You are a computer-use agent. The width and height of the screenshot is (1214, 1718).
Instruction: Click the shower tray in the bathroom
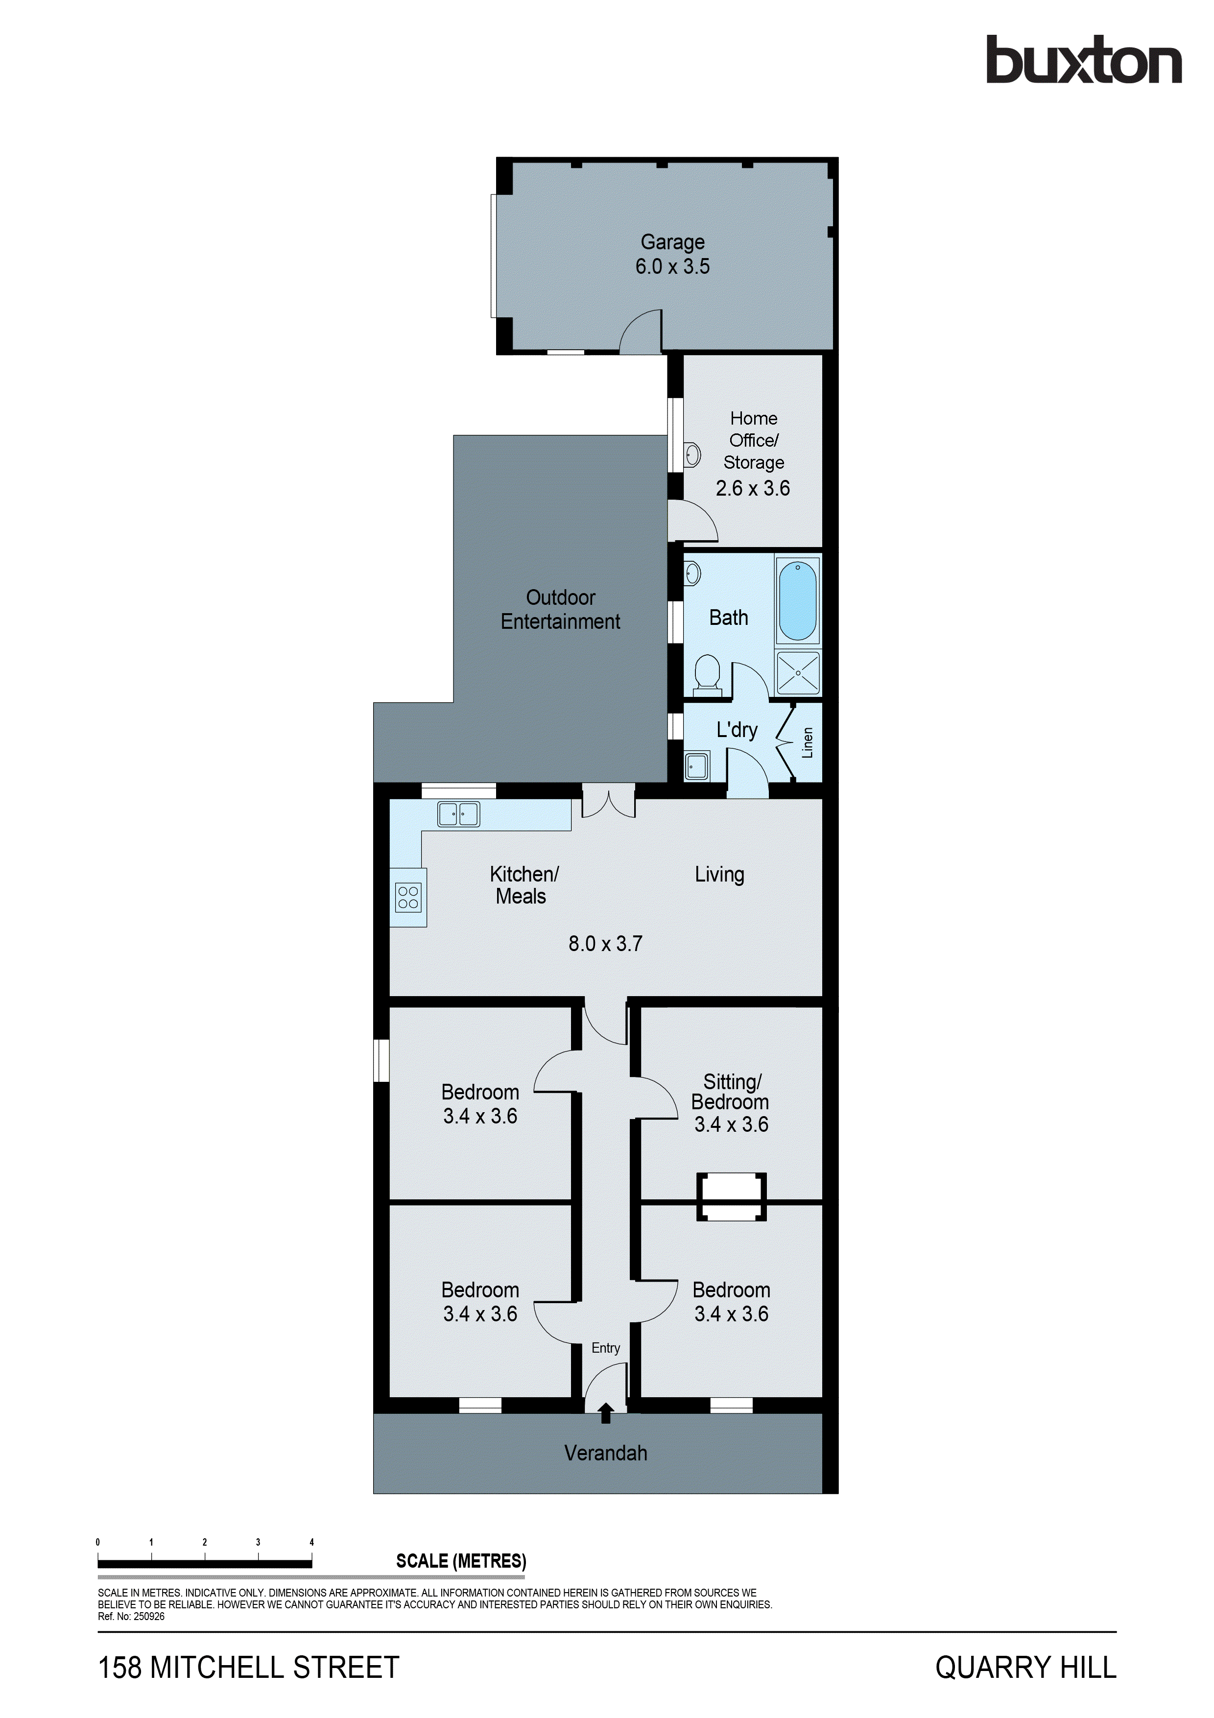tap(798, 673)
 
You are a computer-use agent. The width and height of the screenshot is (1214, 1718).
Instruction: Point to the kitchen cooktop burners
tap(408, 897)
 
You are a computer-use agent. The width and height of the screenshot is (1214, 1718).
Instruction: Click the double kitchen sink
tap(458, 813)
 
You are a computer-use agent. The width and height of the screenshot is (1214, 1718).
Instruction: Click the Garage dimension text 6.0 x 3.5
tap(672, 266)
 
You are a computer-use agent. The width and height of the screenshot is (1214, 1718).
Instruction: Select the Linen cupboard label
tap(807, 742)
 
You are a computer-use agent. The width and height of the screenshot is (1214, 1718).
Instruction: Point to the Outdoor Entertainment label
tap(560, 609)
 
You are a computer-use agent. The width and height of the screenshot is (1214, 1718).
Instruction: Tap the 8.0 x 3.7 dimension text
tap(605, 944)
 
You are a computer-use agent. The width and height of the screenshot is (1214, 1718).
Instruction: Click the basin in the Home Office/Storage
tap(692, 454)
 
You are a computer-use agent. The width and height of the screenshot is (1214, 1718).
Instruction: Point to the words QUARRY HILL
tap(1025, 1668)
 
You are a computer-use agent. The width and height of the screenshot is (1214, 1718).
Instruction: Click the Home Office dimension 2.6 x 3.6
tap(753, 489)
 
